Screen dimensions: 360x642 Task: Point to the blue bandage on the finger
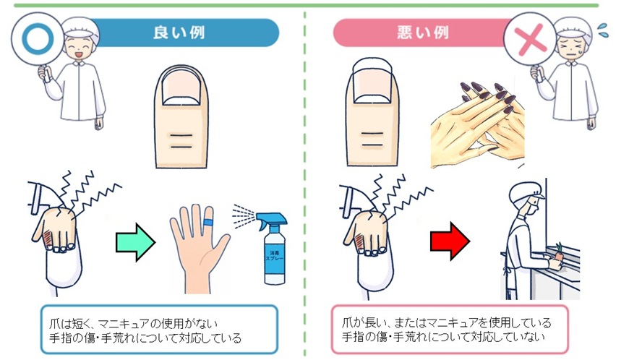208,220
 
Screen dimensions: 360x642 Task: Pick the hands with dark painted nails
477,123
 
